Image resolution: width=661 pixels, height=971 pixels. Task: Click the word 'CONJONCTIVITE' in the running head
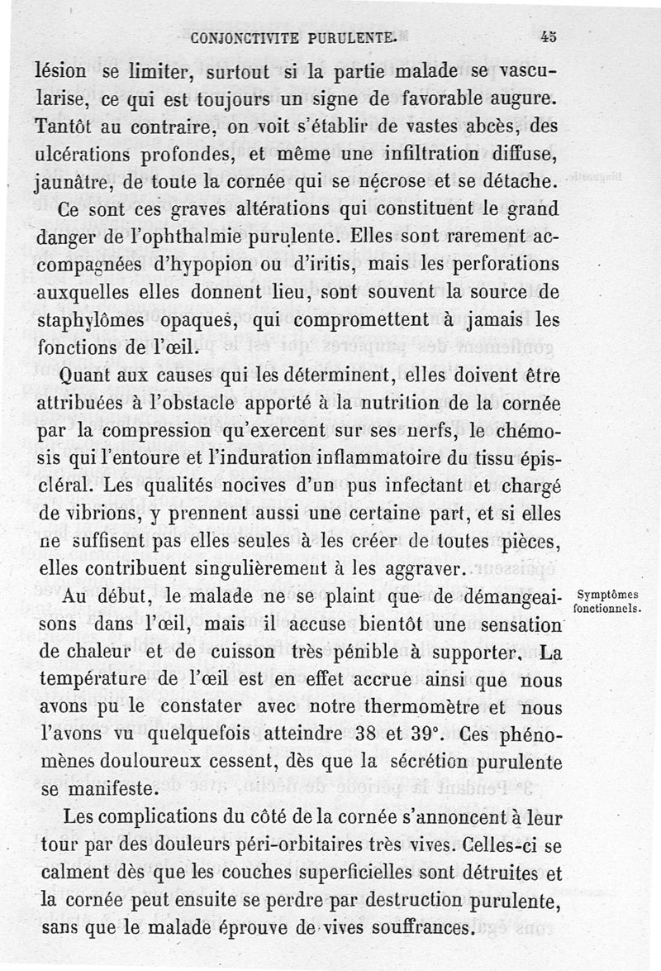click(235, 37)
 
